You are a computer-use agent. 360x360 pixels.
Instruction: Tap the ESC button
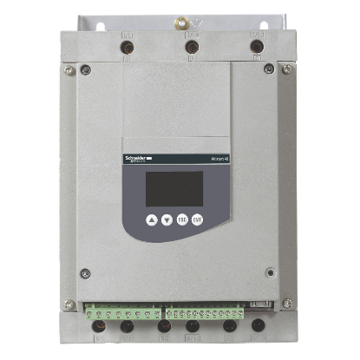point(182,220)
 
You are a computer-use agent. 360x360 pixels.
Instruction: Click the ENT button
point(197,220)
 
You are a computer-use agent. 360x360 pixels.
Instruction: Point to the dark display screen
point(173,187)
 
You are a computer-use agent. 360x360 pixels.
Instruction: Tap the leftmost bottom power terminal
point(100,328)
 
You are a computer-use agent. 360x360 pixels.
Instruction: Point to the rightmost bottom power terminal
point(258,328)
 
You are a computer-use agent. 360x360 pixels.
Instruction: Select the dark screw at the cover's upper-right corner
point(269,69)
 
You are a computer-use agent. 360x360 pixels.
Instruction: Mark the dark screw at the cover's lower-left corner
point(85,274)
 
